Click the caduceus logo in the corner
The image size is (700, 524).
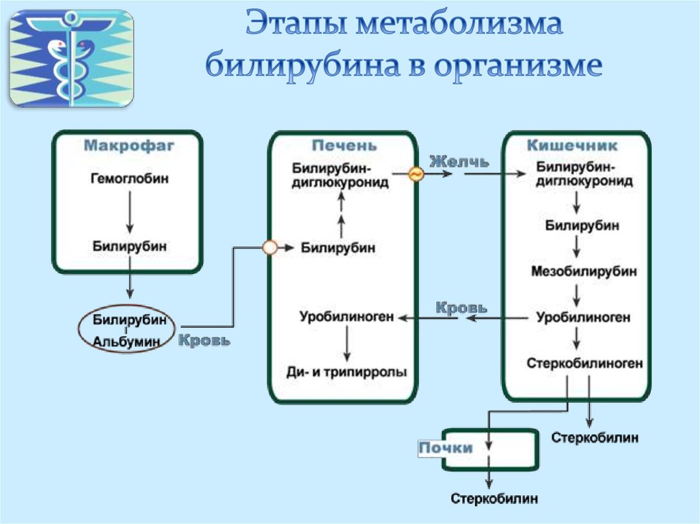pyautogui.click(x=71, y=59)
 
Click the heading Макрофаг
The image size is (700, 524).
pyautogui.click(x=129, y=146)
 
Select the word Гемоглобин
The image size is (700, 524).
pyautogui.click(x=129, y=178)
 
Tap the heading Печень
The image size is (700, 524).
pyautogui.click(x=344, y=146)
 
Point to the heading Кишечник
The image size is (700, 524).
pyautogui.click(x=572, y=146)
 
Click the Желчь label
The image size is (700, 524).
pyautogui.click(x=459, y=162)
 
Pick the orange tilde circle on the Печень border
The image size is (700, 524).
pyautogui.click(x=416, y=174)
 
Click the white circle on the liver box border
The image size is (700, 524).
pyautogui.click(x=270, y=247)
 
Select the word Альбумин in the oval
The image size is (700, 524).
pyautogui.click(x=126, y=342)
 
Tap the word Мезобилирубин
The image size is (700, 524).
pyautogui.click(x=584, y=271)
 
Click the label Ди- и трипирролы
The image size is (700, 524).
pyautogui.click(x=347, y=372)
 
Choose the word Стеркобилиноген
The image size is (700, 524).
pyautogui.click(x=584, y=363)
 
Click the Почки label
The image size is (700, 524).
pyautogui.click(x=446, y=447)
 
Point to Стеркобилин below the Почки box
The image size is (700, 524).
pyautogui.click(x=494, y=498)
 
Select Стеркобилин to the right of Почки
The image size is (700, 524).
pyautogui.click(x=595, y=437)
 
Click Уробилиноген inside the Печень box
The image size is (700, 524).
pyautogui.click(x=347, y=316)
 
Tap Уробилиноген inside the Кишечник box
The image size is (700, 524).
pyautogui.click(x=583, y=317)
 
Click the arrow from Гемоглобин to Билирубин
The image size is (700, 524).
pyautogui.click(x=129, y=212)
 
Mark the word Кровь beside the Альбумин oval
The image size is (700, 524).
pyautogui.click(x=204, y=340)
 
